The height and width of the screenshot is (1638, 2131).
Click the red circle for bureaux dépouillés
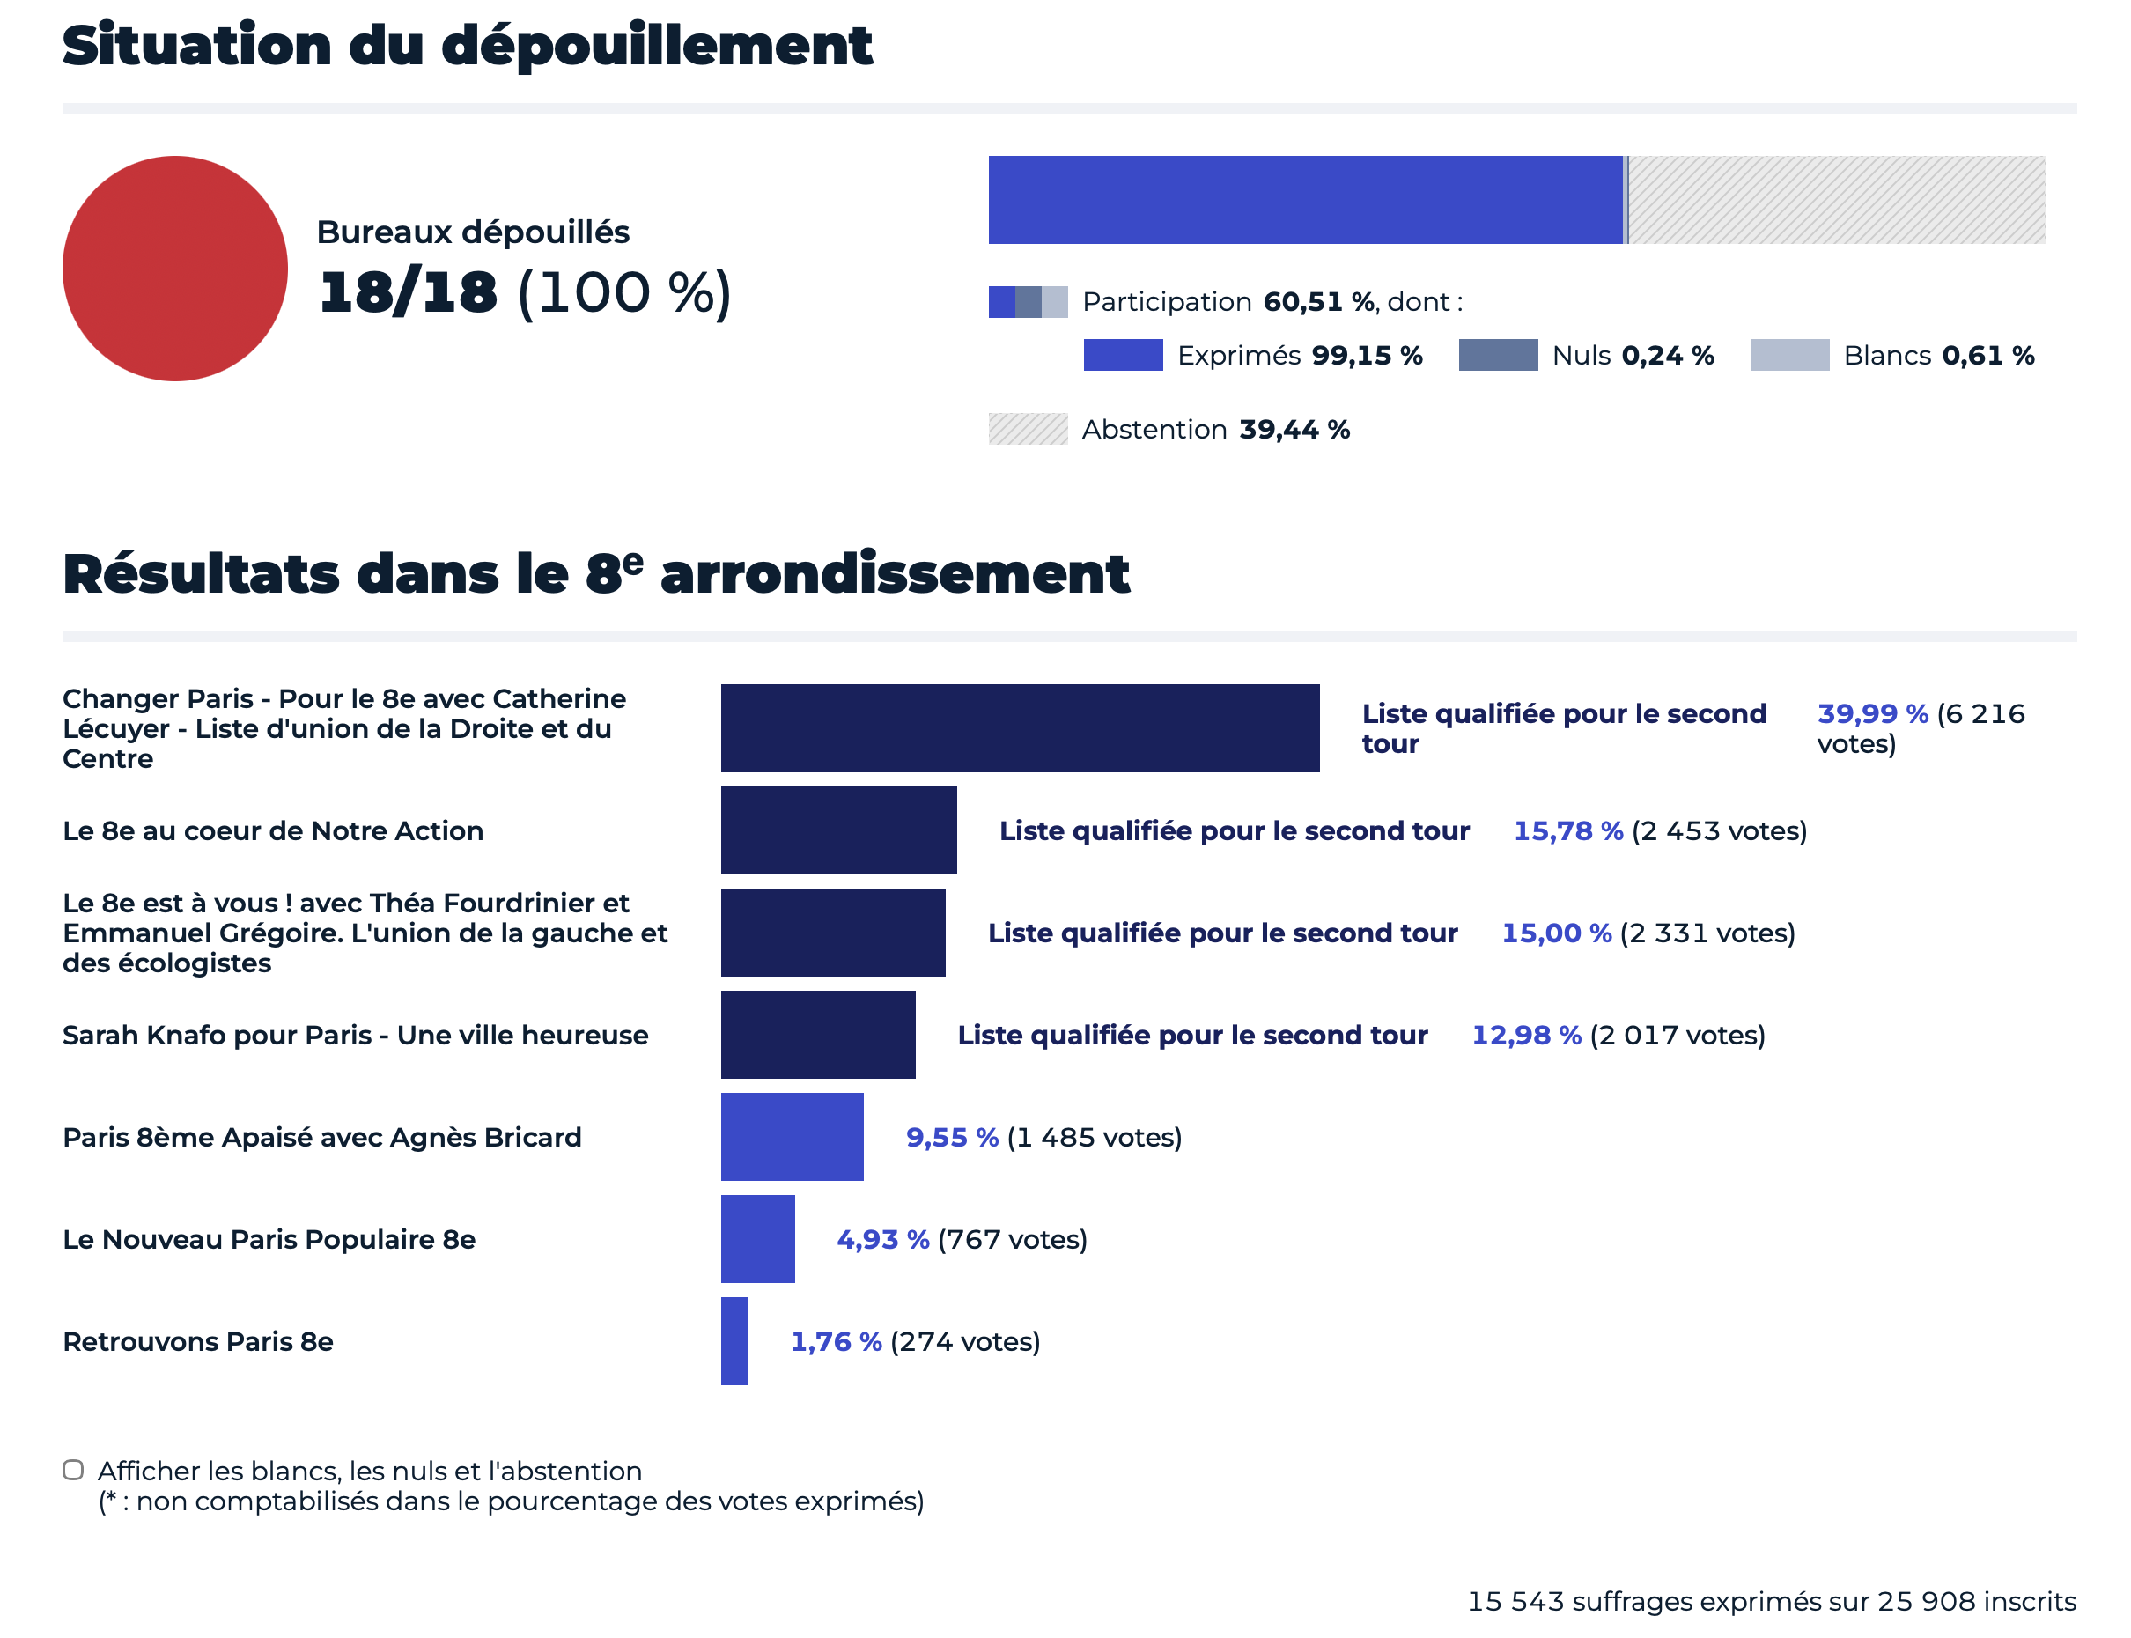(x=174, y=268)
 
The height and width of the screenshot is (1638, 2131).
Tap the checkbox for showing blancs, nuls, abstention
(x=73, y=1469)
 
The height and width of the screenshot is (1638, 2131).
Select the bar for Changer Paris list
(x=1019, y=727)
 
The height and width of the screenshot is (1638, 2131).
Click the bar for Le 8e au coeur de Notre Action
(x=838, y=830)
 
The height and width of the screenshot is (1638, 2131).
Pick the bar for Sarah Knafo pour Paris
(x=817, y=1034)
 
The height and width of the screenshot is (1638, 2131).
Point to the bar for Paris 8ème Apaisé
(x=792, y=1136)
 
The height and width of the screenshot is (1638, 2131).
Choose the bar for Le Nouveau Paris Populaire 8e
(x=757, y=1238)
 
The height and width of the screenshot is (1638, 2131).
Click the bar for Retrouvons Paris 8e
(x=734, y=1340)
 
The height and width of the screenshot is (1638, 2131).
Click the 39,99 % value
(x=1872, y=713)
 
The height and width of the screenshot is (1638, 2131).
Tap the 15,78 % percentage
(x=1567, y=830)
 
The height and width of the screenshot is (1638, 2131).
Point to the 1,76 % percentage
(x=836, y=1341)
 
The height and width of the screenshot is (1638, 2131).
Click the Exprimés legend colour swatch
(x=1122, y=355)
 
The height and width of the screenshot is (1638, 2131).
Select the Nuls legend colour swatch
(x=1497, y=355)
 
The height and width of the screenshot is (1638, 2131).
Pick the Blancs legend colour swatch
(x=1788, y=355)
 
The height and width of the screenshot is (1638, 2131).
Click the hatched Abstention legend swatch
(x=1028, y=429)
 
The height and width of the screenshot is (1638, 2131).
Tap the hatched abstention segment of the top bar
(x=1837, y=200)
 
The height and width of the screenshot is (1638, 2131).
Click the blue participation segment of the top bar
(x=1304, y=200)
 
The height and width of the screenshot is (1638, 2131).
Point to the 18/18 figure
(x=408, y=292)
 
